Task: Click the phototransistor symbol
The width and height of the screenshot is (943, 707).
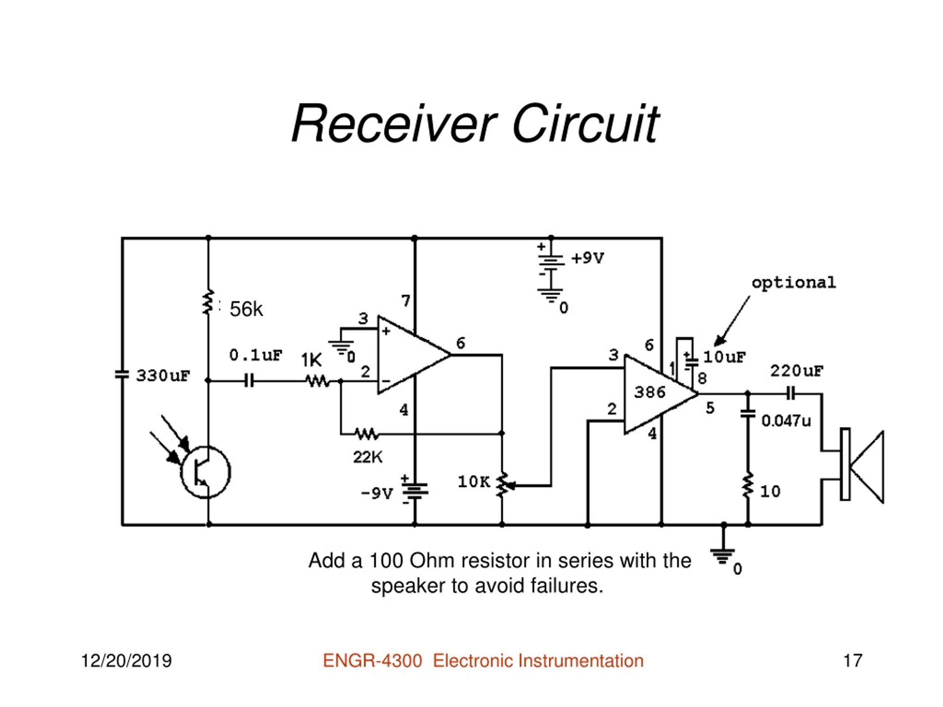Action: pos(205,472)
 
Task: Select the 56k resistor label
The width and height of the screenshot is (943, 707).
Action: pos(246,309)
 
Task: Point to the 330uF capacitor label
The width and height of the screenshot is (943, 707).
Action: pos(163,376)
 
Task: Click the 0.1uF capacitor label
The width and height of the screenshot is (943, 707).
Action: pos(256,355)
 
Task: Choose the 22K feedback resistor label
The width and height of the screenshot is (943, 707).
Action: pos(368,457)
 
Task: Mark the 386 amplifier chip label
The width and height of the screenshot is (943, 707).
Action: pos(650,392)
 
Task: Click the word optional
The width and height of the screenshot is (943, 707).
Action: pos(793,283)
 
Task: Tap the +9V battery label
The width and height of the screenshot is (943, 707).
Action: pos(588,258)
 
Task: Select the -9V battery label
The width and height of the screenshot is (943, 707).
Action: pos(377,493)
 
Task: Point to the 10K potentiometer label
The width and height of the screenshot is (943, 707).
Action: pos(474,482)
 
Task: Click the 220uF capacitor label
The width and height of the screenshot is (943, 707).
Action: pos(797,371)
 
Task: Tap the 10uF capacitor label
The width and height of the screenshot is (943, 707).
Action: pos(725,357)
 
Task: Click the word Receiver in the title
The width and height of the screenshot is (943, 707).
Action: pos(394,124)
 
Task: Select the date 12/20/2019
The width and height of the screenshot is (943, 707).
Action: pos(126,661)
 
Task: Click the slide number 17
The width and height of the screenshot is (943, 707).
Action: pos(853,661)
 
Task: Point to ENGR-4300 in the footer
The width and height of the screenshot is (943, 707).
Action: pos(373,661)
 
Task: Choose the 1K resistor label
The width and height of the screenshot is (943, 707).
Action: pos(311,360)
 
